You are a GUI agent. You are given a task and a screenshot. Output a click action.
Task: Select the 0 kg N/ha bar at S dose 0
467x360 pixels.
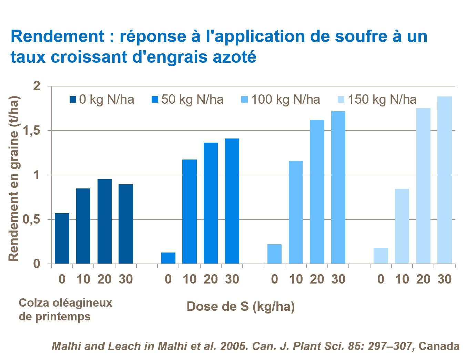62,238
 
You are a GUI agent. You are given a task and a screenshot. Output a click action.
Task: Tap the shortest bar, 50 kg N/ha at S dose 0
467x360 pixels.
168,258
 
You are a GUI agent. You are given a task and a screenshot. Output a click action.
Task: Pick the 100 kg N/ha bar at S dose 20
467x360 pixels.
317,192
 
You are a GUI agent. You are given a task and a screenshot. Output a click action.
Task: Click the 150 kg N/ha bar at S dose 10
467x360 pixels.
402,226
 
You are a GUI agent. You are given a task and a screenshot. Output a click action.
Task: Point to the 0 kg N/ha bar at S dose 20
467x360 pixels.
104,222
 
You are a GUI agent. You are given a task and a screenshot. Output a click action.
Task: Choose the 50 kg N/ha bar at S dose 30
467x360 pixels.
232,201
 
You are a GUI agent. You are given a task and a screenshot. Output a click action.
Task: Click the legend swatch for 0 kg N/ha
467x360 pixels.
73,100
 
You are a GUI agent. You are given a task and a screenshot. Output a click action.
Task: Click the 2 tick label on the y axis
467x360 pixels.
37,86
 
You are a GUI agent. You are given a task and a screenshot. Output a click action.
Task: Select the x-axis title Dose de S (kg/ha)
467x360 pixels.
241,306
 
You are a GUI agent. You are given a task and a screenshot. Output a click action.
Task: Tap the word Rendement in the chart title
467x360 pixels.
57,36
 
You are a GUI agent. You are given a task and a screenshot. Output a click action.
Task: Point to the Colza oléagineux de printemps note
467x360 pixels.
65,309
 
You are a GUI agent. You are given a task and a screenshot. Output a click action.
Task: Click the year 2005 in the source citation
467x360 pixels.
234,346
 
